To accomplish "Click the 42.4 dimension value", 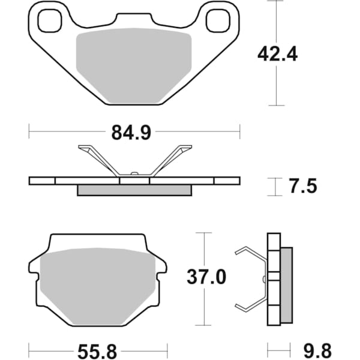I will (277, 53).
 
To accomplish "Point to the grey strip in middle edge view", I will (134, 190).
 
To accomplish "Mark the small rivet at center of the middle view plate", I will (134, 175).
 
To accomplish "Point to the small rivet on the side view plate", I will (265, 279).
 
